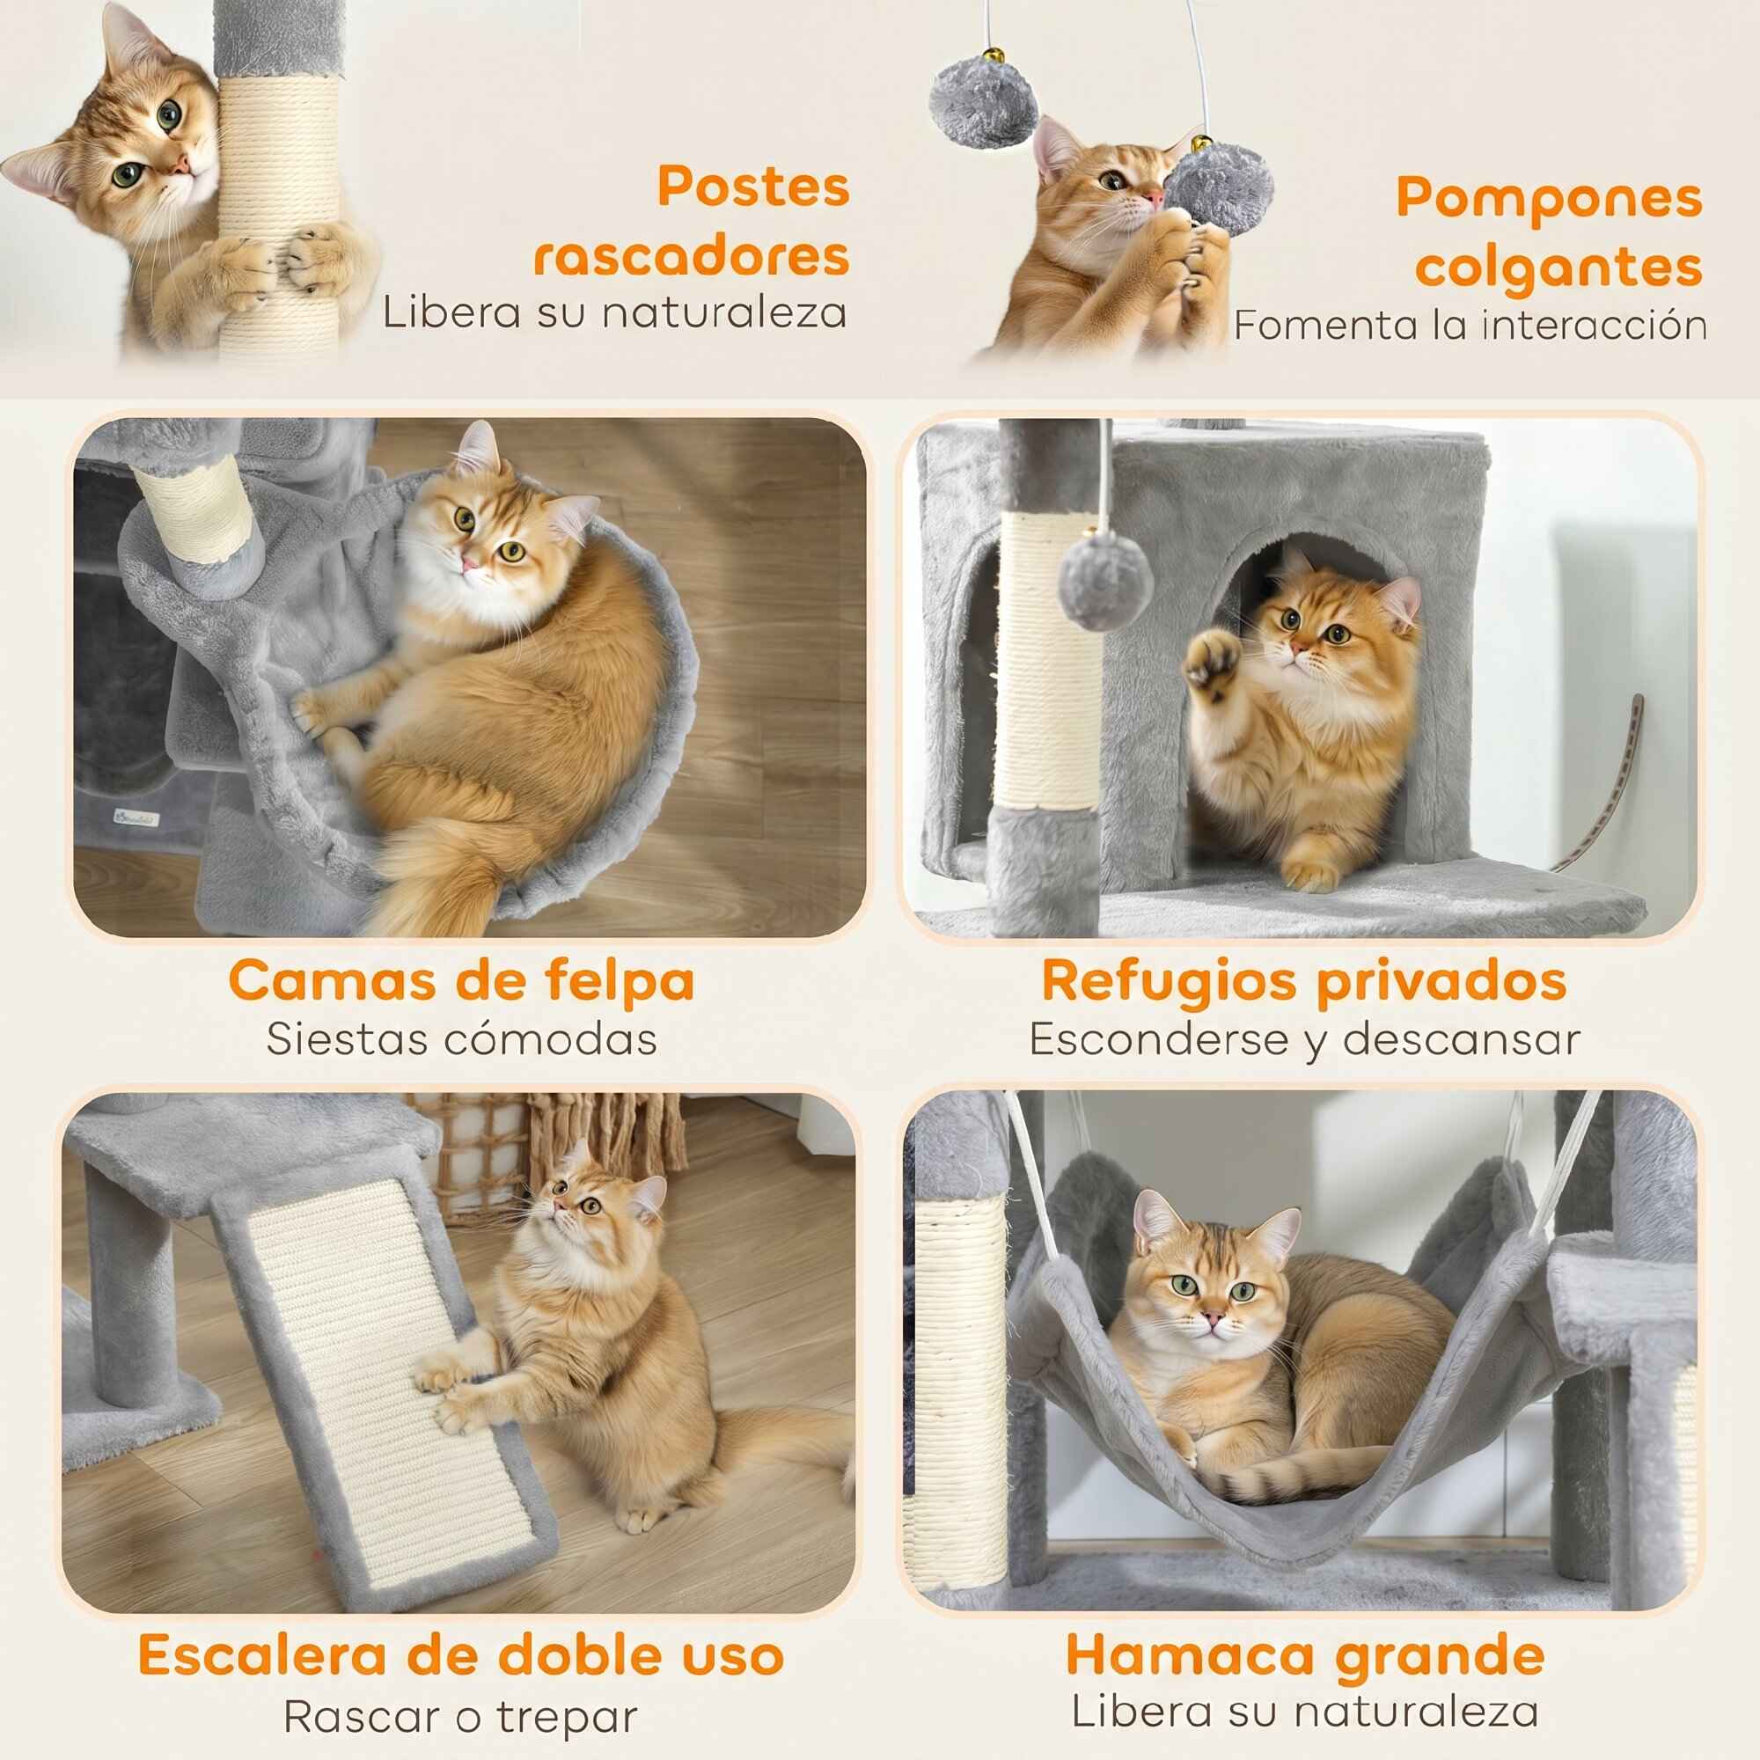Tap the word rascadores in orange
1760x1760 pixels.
(x=692, y=256)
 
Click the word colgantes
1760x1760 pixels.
(x=1558, y=268)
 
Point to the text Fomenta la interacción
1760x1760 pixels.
(x=1470, y=326)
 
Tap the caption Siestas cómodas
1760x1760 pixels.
(x=462, y=1039)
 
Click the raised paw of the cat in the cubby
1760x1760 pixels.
(x=1212, y=658)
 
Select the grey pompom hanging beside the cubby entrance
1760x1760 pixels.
(x=1105, y=581)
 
